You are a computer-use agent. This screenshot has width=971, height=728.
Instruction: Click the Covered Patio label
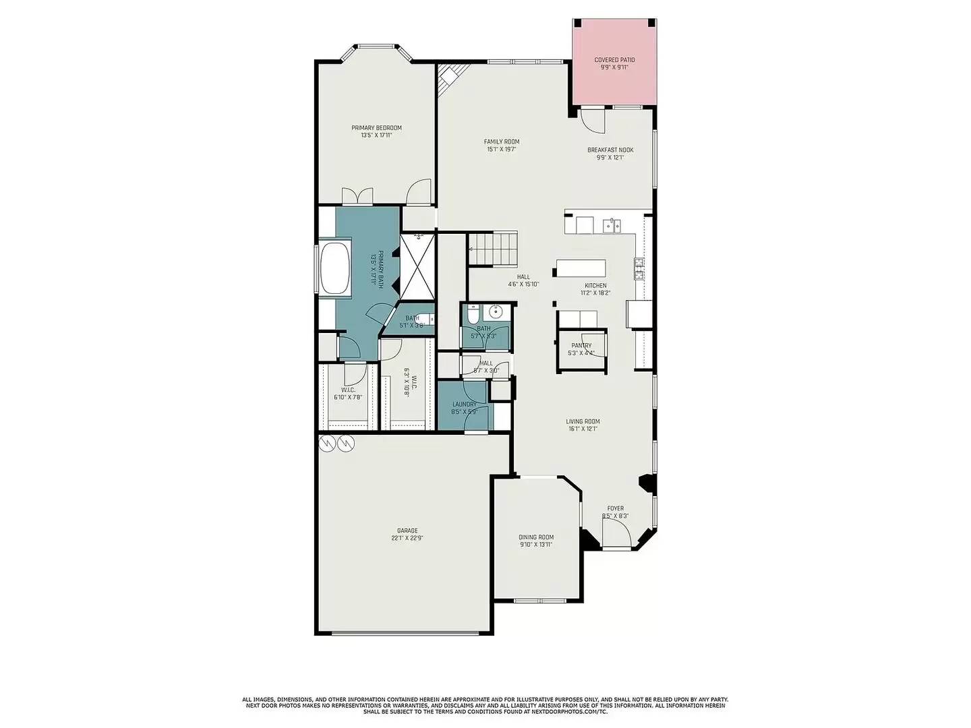pyautogui.click(x=614, y=60)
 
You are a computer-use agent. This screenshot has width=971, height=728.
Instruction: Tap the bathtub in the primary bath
pyautogui.click(x=335, y=269)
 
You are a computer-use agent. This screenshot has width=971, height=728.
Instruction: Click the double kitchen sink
pyautogui.click(x=612, y=225)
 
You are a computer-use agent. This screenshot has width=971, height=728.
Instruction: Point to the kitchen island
pyautogui.click(x=581, y=268)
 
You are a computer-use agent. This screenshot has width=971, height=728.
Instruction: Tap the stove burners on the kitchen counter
pyautogui.click(x=639, y=268)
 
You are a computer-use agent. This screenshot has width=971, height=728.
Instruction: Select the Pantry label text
pyautogui.click(x=581, y=345)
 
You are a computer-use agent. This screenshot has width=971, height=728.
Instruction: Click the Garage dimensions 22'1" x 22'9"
pyautogui.click(x=407, y=538)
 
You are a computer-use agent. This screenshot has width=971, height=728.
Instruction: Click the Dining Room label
pyautogui.click(x=536, y=537)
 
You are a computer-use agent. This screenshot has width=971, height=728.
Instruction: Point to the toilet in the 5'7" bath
pyautogui.click(x=473, y=314)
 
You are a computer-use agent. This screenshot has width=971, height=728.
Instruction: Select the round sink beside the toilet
pyautogui.click(x=497, y=311)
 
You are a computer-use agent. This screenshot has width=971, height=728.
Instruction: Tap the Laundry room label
pyautogui.click(x=464, y=404)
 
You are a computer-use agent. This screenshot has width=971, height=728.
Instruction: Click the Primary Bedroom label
pyautogui.click(x=376, y=128)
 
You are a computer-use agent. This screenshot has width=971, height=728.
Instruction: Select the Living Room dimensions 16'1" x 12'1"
pyautogui.click(x=583, y=429)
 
